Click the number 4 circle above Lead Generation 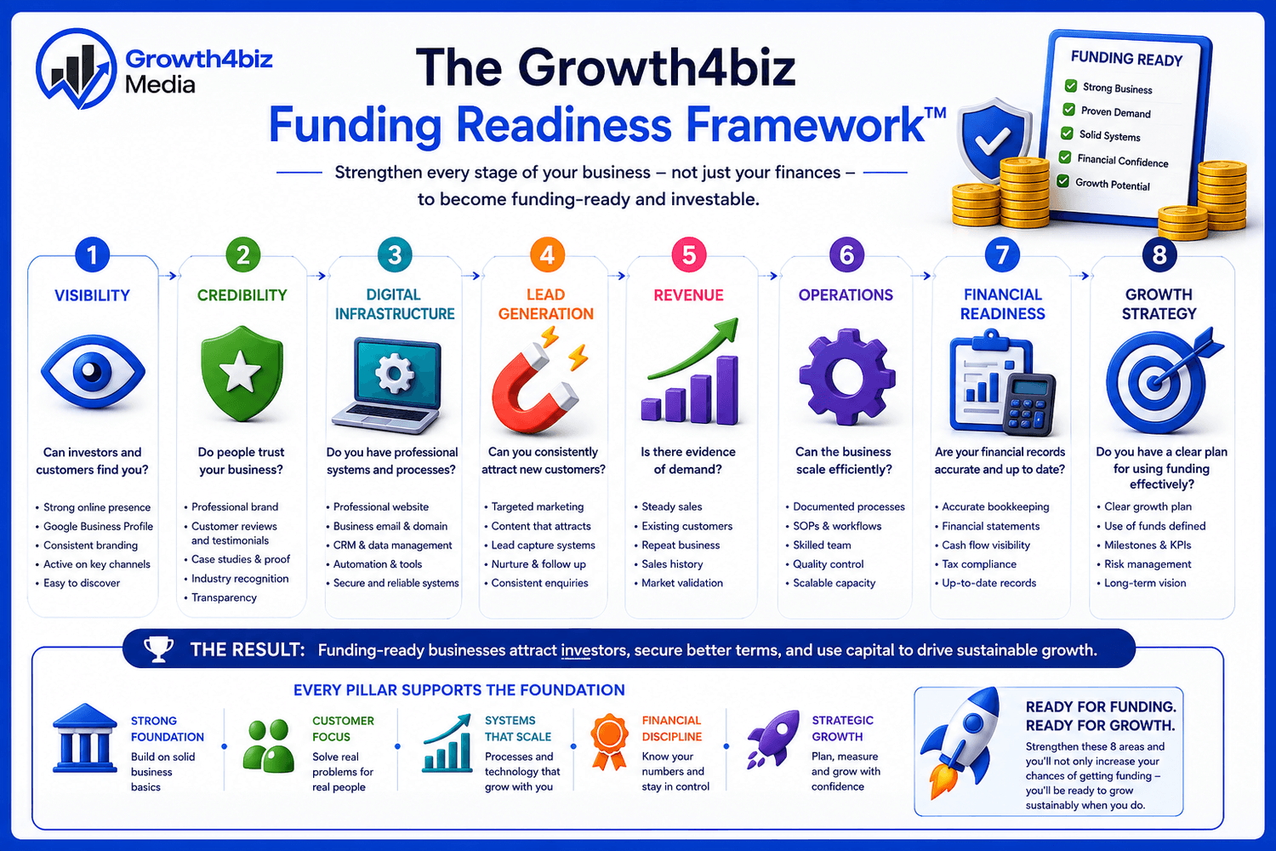click(x=547, y=254)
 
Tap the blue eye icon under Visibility click(x=93, y=372)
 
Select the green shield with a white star click(x=242, y=374)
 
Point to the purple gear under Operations click(x=846, y=377)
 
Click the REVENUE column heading click(x=688, y=295)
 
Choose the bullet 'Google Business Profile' click(x=98, y=526)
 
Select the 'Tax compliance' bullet click(x=978, y=563)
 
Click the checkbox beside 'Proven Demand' click(x=1068, y=110)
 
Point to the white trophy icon click(x=158, y=649)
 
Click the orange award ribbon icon click(x=609, y=741)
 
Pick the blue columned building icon click(x=83, y=738)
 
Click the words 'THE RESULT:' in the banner click(x=248, y=650)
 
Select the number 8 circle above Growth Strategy click(x=1159, y=254)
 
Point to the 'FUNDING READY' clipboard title click(x=1126, y=58)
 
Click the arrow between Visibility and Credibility click(x=168, y=276)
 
